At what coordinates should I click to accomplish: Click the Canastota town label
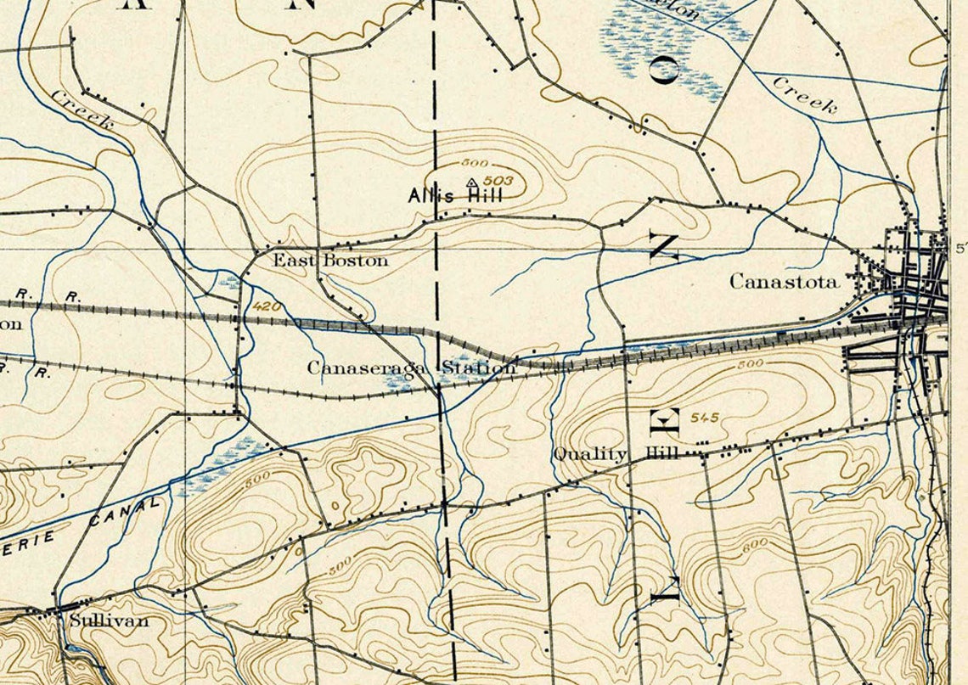tap(784, 282)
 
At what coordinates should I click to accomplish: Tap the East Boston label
tap(330, 261)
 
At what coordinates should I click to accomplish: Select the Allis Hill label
tap(455, 195)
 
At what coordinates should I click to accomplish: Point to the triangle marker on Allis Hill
tap(471, 182)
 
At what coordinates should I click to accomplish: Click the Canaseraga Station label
tap(411, 368)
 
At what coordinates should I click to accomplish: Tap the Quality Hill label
tap(616, 454)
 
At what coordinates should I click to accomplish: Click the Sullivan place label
tap(109, 620)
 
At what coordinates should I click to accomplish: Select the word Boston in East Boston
tap(354, 261)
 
